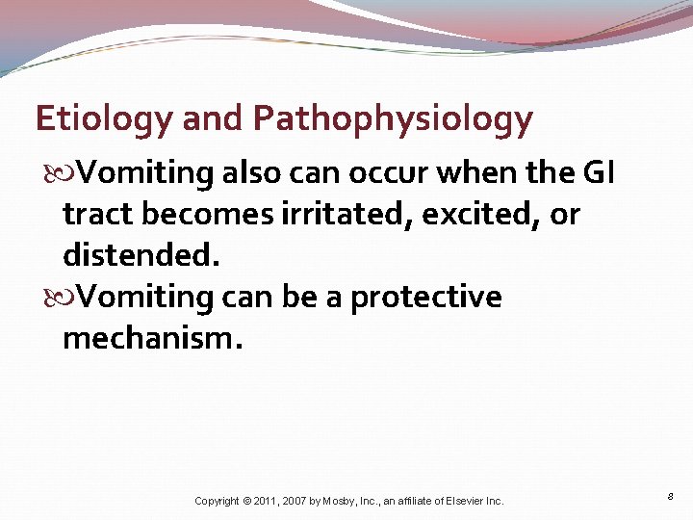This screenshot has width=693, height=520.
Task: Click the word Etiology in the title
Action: click(x=102, y=118)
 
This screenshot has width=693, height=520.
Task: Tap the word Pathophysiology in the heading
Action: click(x=393, y=119)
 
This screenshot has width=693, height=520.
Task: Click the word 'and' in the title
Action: click(x=213, y=118)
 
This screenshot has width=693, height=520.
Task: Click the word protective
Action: click(x=425, y=298)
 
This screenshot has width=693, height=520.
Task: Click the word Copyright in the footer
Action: click(x=217, y=501)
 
